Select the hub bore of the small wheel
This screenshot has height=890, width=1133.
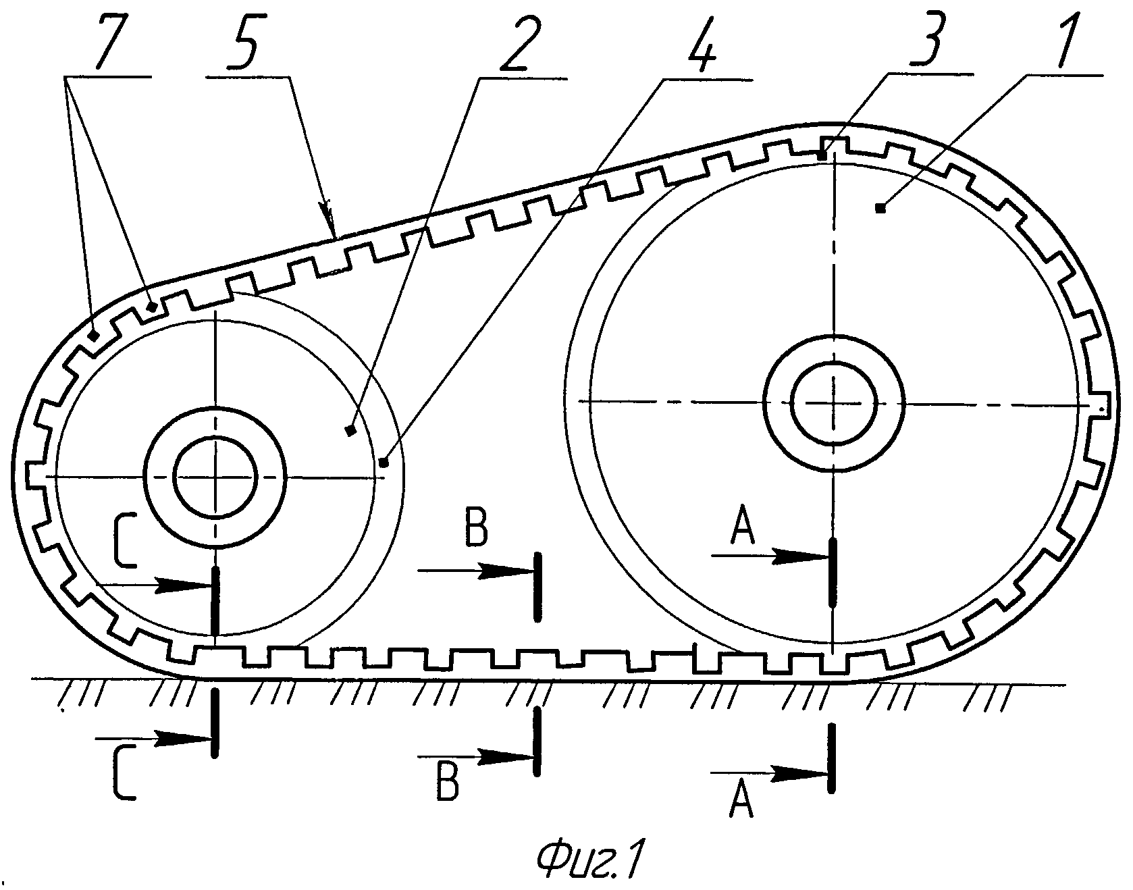(215, 477)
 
